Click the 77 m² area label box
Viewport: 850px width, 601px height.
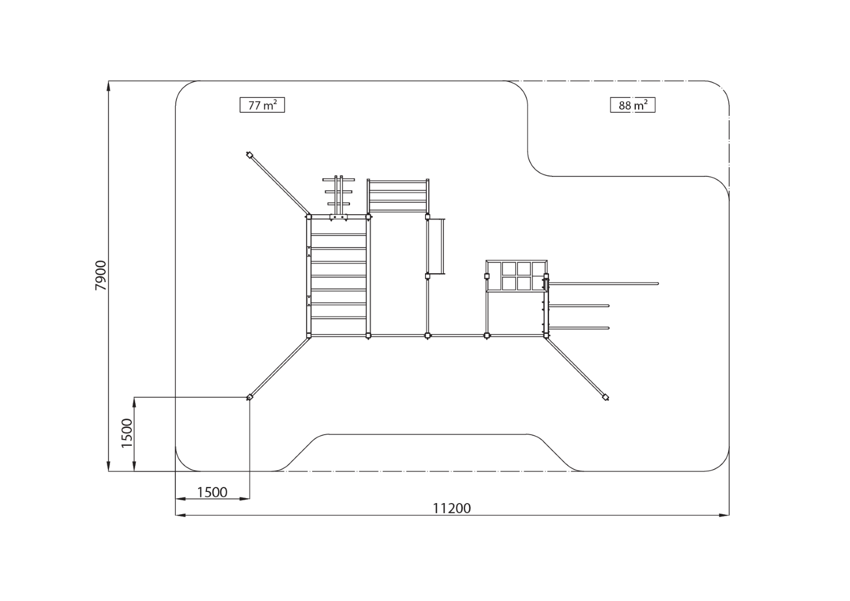(x=262, y=105)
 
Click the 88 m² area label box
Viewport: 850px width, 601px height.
(x=632, y=105)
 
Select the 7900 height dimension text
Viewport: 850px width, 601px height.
(x=101, y=275)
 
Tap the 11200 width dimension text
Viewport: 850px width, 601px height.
(x=452, y=508)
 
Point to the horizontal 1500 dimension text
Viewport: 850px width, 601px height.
(x=212, y=492)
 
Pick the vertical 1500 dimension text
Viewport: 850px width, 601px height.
(x=127, y=433)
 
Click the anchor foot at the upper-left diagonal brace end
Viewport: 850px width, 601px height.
(x=250, y=155)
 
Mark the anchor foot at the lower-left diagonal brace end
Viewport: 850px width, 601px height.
(x=250, y=397)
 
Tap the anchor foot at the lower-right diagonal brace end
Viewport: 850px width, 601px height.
(x=606, y=397)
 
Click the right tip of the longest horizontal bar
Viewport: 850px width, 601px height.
(x=658, y=284)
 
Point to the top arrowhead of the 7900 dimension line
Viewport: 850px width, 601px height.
(x=109, y=85)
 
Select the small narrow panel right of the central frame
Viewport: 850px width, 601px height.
(x=436, y=246)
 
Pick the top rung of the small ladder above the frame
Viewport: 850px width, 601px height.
(x=338, y=180)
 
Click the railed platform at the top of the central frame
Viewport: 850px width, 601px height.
(x=398, y=195)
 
